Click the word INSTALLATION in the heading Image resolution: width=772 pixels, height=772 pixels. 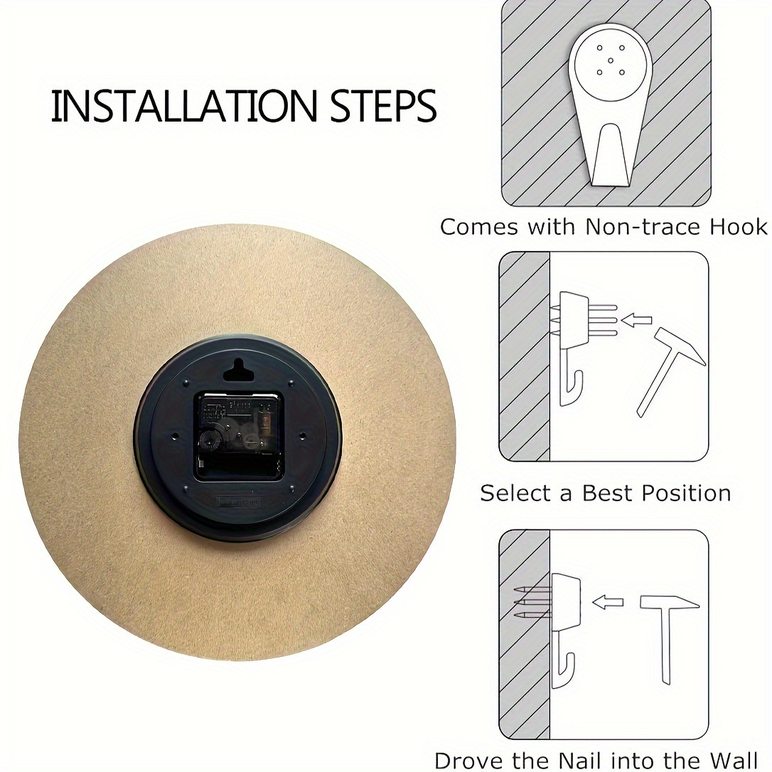coord(183,106)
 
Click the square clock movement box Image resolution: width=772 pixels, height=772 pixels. coord(240,435)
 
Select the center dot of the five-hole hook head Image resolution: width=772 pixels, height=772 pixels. coord(611,60)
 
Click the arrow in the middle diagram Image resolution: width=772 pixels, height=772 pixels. coord(636,321)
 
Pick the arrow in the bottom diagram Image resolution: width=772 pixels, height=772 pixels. coord(608,602)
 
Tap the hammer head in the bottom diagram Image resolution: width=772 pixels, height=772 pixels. coord(670,603)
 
